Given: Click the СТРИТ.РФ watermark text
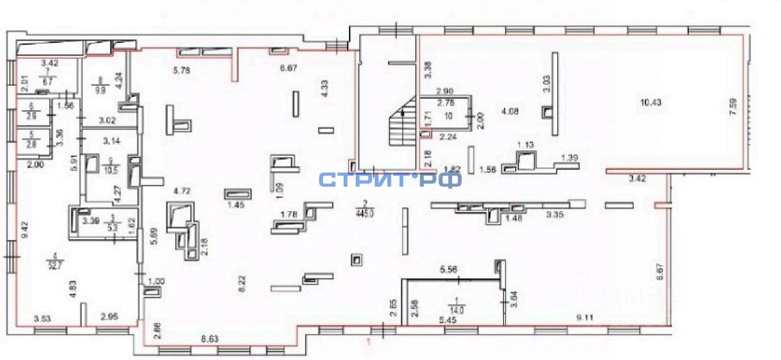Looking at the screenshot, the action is (390, 178).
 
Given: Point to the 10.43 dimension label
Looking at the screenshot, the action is (652, 101).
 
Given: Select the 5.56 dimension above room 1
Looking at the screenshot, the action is (450, 270).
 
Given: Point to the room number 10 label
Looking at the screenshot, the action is (447, 115).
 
